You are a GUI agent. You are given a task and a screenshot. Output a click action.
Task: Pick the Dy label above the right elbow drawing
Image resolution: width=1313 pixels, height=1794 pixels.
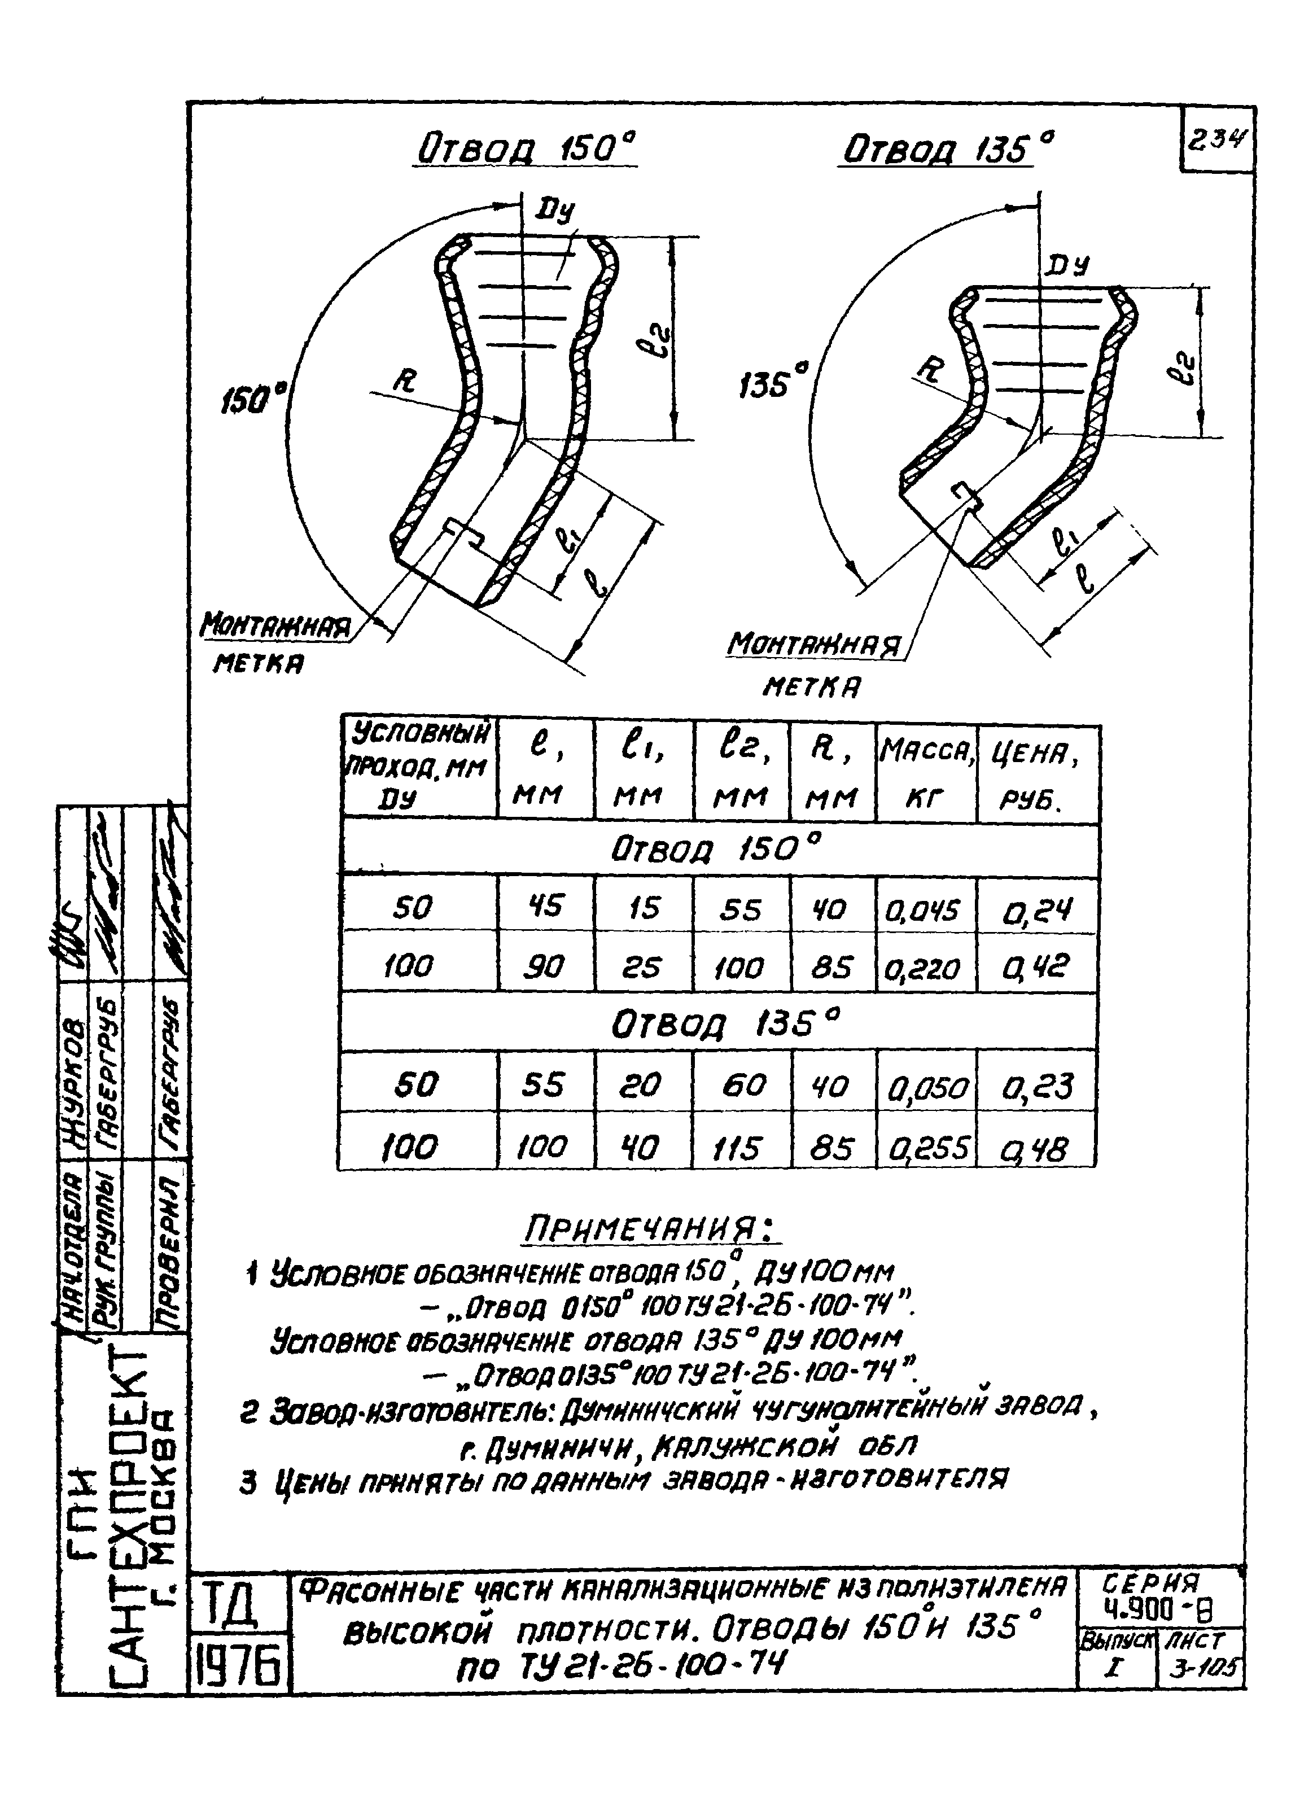pyautogui.click(x=1067, y=265)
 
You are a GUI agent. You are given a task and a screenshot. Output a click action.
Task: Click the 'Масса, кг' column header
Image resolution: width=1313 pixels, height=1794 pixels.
pyautogui.click(x=926, y=772)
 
